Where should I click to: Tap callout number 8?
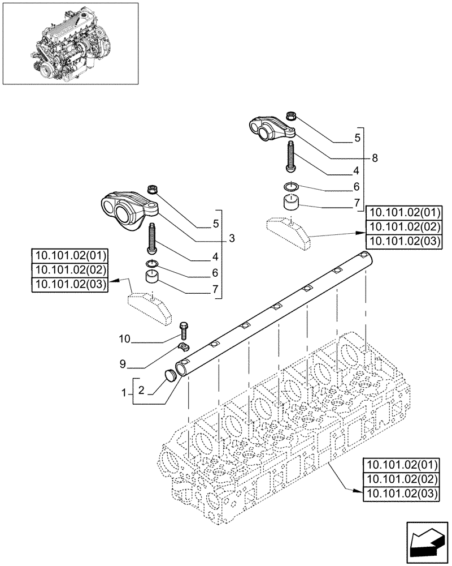tap(374, 160)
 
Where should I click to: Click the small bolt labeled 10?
tap(183, 329)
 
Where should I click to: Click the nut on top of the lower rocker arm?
tap(151, 190)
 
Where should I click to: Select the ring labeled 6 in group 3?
tap(150, 264)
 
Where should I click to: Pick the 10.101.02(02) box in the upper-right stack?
tap(403, 227)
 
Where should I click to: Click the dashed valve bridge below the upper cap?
tap(289, 233)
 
